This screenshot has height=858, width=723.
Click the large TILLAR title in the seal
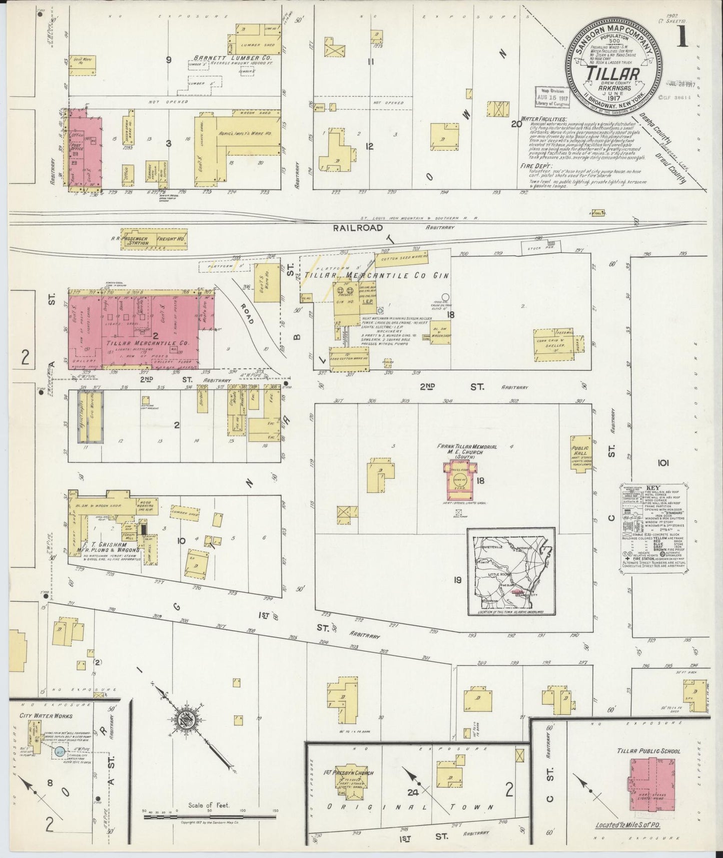point(615,73)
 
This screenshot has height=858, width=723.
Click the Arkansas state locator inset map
point(511,571)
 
